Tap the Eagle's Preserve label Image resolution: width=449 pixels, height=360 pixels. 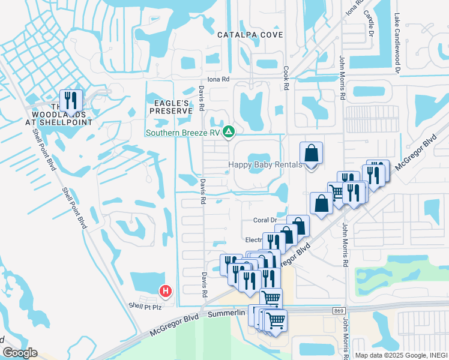click(x=170, y=107)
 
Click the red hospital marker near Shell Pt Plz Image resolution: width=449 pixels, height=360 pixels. click(x=166, y=292)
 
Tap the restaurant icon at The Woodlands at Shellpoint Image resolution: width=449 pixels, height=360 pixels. click(x=71, y=100)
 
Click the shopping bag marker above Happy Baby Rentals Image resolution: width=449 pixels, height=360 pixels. click(x=312, y=154)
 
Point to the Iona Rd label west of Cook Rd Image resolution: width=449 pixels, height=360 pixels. click(x=218, y=79)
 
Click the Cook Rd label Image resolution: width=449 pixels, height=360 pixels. click(x=286, y=78)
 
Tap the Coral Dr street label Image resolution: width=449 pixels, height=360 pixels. click(x=264, y=220)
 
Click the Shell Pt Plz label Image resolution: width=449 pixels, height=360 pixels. click(x=145, y=306)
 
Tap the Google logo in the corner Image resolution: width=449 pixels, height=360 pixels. click(x=20, y=353)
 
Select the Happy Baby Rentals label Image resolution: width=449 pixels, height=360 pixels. click(x=265, y=165)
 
